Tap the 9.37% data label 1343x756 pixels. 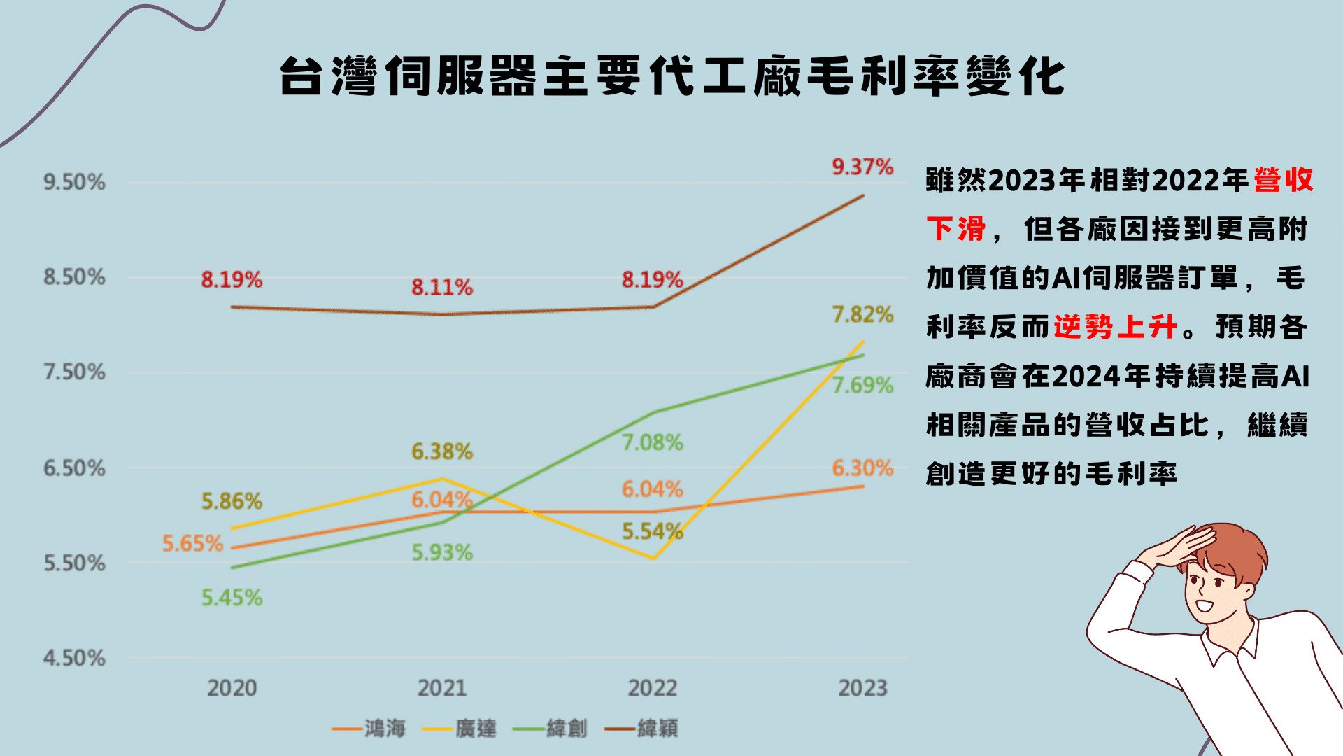coord(862,167)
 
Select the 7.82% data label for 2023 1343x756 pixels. coord(862,314)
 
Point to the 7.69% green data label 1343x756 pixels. coord(862,385)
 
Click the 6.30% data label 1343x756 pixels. coord(862,468)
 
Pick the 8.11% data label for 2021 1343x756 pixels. coord(441,287)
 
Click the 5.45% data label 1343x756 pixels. coord(232,598)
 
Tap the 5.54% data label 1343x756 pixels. coord(652,531)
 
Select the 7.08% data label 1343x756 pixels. coord(652,442)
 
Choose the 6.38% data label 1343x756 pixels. coord(441,451)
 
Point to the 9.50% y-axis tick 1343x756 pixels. coord(74,182)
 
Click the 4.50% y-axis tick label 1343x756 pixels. coord(74,658)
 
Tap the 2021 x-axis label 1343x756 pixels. coord(441,688)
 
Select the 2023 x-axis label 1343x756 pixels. coord(862,688)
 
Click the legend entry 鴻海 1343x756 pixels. coord(384,729)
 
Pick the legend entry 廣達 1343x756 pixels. coord(475,729)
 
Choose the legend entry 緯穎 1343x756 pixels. coord(657,729)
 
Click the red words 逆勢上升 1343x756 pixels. coord(1115,327)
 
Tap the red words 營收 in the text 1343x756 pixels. coord(1283,180)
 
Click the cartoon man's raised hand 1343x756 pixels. coord(1182,546)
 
